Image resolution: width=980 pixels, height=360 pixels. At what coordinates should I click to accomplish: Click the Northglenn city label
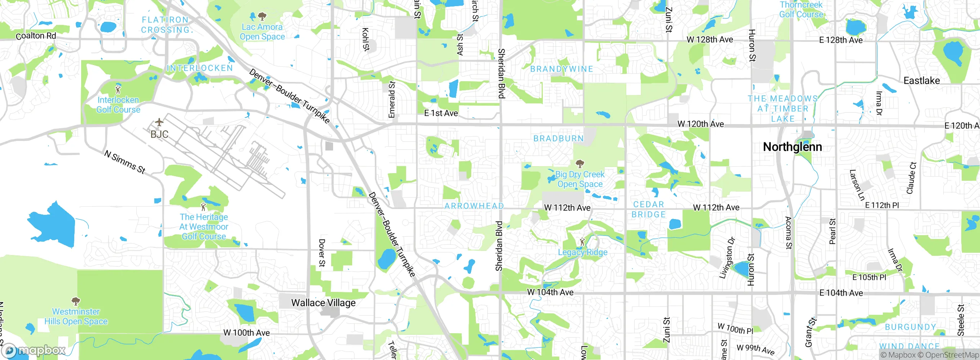pos(792,147)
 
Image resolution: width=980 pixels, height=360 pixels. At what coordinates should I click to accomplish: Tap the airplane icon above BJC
pos(159,123)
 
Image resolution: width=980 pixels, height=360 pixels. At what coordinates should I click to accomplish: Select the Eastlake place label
pos(921,81)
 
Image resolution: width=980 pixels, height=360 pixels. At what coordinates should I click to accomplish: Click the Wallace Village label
pos(323,303)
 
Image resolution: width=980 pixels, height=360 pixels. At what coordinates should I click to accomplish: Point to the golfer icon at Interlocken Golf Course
pos(118,90)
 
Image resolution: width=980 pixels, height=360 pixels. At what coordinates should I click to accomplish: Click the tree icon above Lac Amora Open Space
pos(262,16)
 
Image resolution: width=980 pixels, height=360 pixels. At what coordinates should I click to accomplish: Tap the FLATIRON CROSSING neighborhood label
pos(165,25)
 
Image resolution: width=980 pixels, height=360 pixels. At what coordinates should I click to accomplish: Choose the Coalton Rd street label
pos(36,36)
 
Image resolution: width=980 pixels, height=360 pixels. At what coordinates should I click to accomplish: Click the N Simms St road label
pos(125,162)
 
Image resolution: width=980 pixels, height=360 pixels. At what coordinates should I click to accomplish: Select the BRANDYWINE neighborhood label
pos(562,69)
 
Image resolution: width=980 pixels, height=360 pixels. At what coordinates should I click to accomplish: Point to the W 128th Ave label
pos(710,39)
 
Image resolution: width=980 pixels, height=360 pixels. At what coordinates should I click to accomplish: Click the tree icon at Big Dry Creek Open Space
pos(580,164)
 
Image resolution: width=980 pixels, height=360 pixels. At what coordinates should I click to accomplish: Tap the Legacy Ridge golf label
pos(583,252)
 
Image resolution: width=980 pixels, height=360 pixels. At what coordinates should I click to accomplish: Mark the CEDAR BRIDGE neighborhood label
pos(648,209)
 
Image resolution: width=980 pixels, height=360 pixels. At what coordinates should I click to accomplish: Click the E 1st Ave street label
pos(441,113)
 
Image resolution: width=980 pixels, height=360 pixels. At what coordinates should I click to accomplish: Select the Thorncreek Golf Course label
pos(801,10)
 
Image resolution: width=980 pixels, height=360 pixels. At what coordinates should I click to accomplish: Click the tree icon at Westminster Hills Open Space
pos(76,301)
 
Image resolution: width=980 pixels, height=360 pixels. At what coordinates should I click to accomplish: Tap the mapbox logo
pos(34,350)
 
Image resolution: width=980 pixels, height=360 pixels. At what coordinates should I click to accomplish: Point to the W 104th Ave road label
pos(550,292)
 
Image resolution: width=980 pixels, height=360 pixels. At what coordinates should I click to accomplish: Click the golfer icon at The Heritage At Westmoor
pos(203,207)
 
